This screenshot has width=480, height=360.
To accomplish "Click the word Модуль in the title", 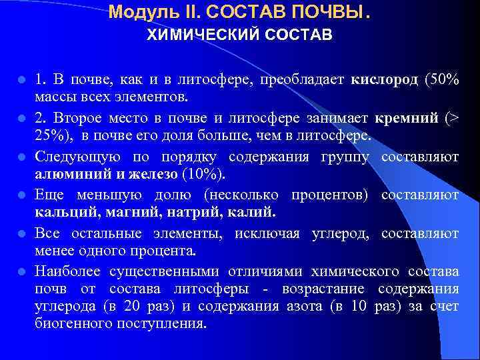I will [x=136, y=11].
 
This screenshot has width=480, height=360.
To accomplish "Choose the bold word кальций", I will [x=61, y=213].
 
